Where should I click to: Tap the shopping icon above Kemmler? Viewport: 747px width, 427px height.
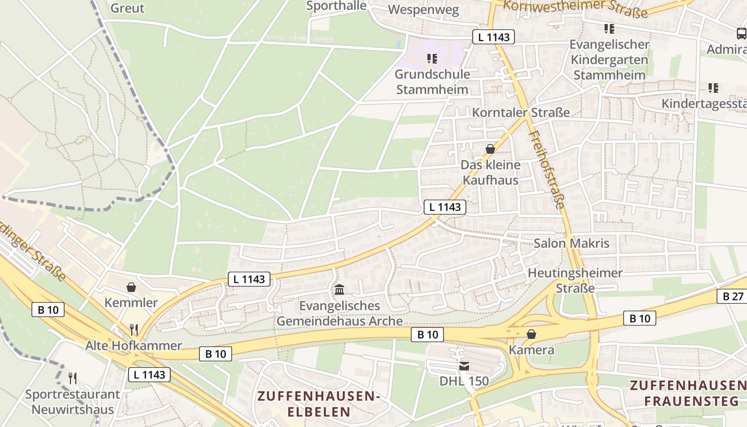(x=131, y=288)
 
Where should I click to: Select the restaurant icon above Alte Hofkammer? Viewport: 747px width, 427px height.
(x=134, y=330)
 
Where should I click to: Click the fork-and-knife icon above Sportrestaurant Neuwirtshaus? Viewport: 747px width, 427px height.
(x=73, y=378)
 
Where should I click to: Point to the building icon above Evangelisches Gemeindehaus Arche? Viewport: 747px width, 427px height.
(x=339, y=290)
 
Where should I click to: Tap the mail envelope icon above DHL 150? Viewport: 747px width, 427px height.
(x=464, y=366)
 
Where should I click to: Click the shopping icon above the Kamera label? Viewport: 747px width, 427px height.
(x=531, y=335)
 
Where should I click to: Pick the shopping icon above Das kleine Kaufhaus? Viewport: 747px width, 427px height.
(x=490, y=149)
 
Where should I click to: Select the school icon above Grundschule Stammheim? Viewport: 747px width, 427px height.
(x=432, y=58)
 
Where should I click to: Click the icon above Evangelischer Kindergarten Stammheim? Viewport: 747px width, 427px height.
(x=609, y=28)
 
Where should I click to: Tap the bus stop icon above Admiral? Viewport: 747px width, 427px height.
(x=741, y=34)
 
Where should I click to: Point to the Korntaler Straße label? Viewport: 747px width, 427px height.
(x=521, y=113)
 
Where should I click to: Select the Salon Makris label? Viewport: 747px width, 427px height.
(x=571, y=243)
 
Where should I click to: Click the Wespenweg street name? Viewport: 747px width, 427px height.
(x=424, y=10)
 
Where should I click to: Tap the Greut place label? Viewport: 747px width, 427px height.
(x=127, y=8)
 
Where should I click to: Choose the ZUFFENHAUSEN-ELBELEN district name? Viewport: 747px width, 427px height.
(x=319, y=404)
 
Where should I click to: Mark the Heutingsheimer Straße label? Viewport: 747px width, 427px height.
(x=575, y=280)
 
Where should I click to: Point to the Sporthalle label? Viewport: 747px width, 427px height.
(x=337, y=6)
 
